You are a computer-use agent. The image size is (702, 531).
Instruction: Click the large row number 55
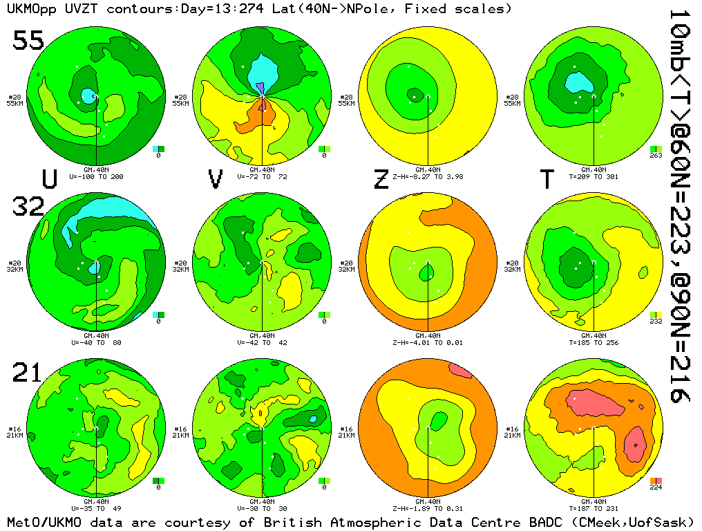[x=28, y=41]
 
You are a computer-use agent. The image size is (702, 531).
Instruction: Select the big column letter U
[x=49, y=180]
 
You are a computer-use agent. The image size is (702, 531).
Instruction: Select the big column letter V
[x=216, y=180]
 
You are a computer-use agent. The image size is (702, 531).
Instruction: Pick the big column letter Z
[x=381, y=180]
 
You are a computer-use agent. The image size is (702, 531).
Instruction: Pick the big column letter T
[x=547, y=180]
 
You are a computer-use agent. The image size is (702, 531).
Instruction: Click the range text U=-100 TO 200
[x=97, y=176]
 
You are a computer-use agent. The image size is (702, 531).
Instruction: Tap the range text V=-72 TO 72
[x=262, y=176]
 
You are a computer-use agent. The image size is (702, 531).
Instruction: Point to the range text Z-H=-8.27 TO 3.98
[x=428, y=176]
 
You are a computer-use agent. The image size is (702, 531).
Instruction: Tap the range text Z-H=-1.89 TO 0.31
[x=428, y=508]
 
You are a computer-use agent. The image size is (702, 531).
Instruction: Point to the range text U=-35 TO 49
[x=97, y=508]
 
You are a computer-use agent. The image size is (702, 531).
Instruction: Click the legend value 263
[x=656, y=156]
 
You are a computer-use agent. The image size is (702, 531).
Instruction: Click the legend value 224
[x=656, y=487]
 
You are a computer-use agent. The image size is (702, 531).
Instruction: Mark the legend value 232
[x=656, y=322]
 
